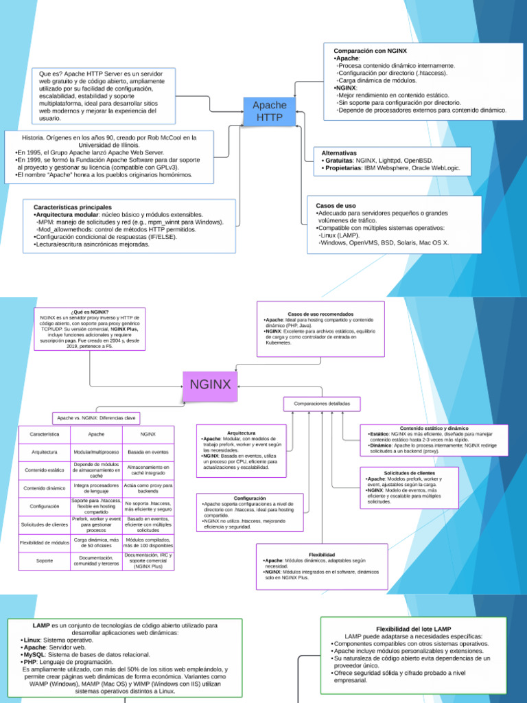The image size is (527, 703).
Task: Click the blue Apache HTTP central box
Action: pos(270,111)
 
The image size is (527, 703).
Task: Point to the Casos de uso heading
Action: pos(336,205)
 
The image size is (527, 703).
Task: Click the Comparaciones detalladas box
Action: pos(322,404)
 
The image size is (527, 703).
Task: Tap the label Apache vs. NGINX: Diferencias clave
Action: pos(97,417)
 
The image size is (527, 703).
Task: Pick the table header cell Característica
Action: pos(44,434)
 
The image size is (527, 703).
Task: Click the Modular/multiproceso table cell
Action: pos(96,452)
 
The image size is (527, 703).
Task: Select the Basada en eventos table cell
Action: pos(148,452)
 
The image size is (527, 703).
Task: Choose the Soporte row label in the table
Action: pos(44,561)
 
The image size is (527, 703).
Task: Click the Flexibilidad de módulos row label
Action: pos(44,542)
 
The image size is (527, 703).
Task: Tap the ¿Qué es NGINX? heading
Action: pos(89,312)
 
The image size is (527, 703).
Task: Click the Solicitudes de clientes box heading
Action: pos(409,473)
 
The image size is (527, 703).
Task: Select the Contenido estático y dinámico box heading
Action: pos(434,428)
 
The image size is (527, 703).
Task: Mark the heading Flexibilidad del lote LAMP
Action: pos(414,629)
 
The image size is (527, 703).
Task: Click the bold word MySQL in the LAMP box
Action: pos(34,654)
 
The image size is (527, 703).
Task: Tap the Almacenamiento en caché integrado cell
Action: pos(148,470)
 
